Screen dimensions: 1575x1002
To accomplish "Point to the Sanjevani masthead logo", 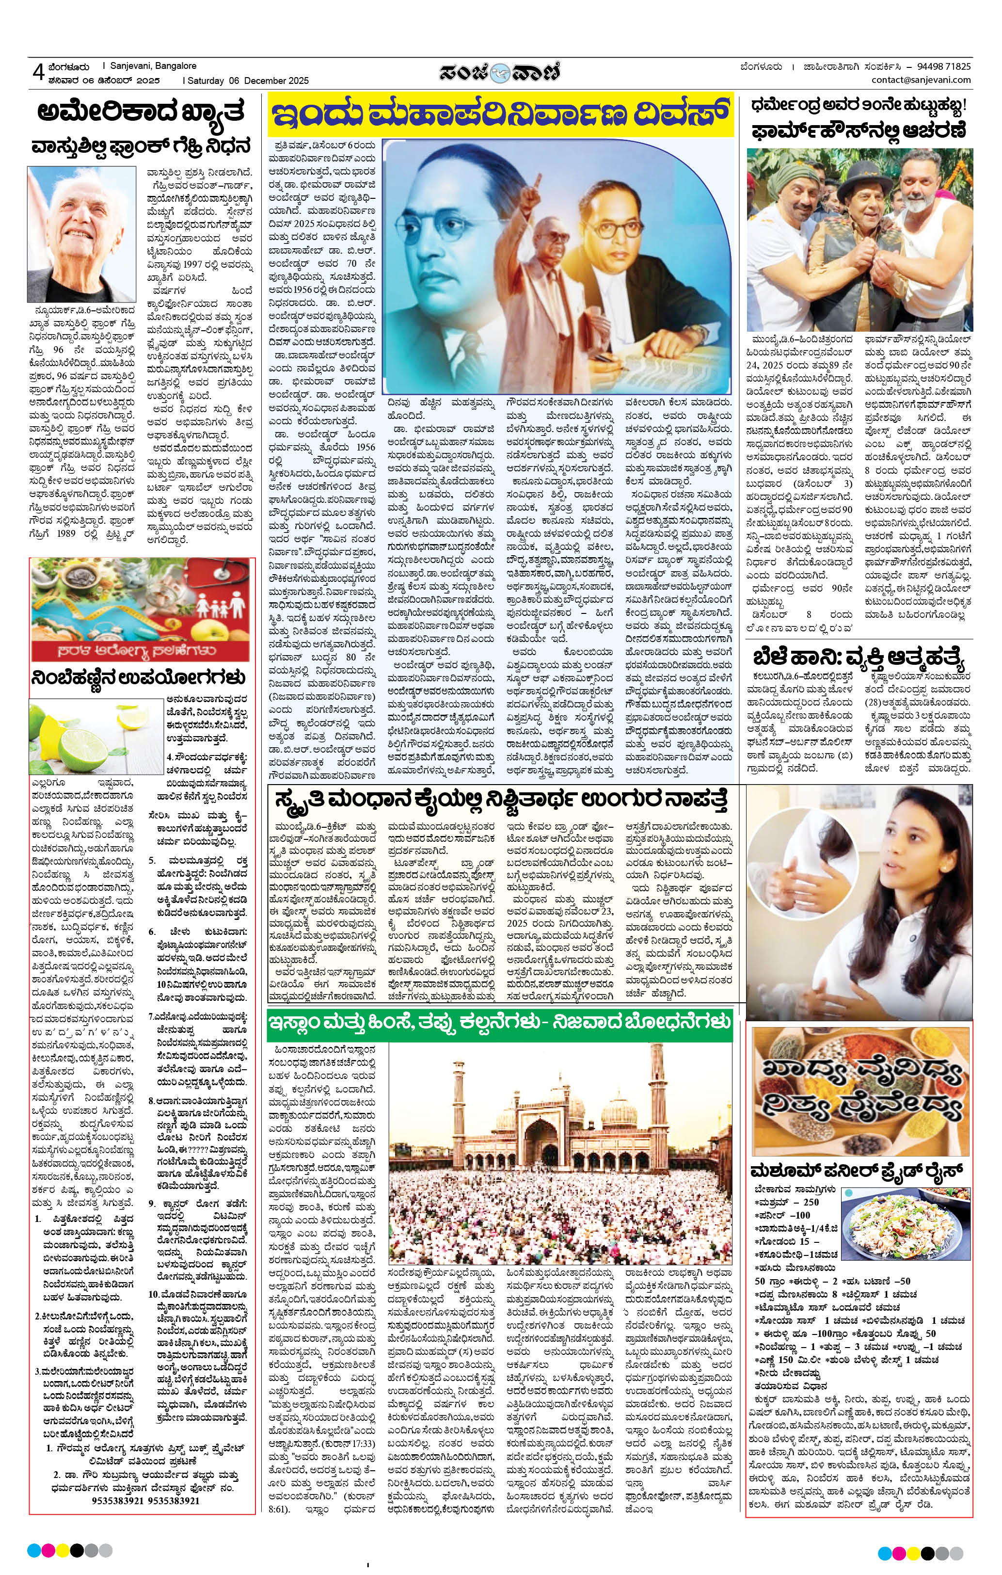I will coord(500,71).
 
